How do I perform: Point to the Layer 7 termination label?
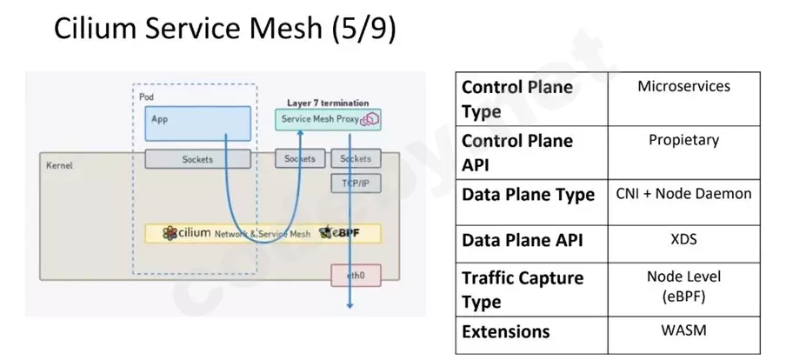(x=328, y=103)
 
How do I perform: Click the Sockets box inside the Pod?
(x=197, y=159)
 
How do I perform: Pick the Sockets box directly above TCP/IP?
(x=354, y=159)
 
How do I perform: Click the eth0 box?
(x=356, y=276)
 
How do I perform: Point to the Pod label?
(x=146, y=97)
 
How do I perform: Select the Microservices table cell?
(x=683, y=87)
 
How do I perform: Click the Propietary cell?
(x=683, y=140)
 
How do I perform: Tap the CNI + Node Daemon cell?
(x=683, y=194)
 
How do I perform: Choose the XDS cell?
(x=683, y=237)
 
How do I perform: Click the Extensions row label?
(x=505, y=331)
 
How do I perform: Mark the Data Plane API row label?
(x=522, y=241)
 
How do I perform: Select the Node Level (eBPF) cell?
(x=683, y=286)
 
